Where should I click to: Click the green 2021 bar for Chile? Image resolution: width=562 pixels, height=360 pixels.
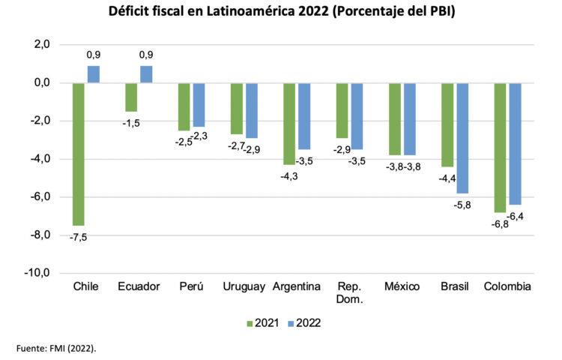point(79,154)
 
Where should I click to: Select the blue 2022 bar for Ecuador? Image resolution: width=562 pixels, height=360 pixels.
point(146,74)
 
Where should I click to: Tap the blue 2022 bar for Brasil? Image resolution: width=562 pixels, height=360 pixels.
point(462,138)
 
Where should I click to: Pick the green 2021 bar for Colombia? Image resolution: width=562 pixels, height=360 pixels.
point(500,147)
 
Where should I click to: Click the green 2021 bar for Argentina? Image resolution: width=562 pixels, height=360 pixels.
point(289,123)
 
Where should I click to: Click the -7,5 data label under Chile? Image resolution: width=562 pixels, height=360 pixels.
point(78,237)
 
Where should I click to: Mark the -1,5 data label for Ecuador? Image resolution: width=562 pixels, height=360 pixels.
point(131,122)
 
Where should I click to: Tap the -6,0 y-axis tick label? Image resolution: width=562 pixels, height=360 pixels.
point(39,196)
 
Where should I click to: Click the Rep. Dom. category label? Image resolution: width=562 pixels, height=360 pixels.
point(349,293)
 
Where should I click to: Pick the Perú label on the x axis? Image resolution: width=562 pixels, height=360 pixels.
point(191,287)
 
